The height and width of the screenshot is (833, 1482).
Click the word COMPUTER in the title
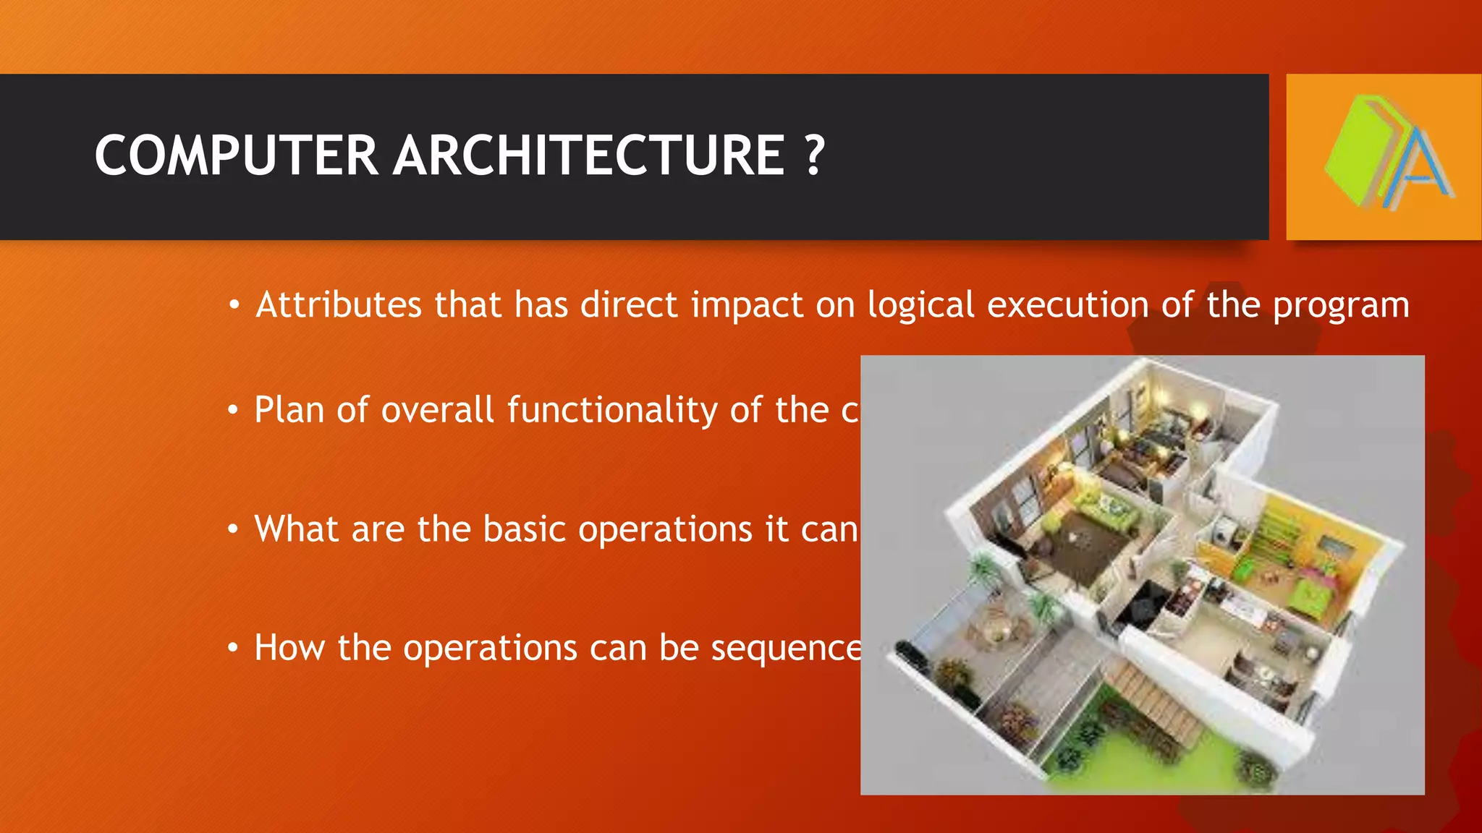(236, 155)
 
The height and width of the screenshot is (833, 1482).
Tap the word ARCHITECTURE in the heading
(588, 155)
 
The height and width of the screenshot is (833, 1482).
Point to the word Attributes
(339, 304)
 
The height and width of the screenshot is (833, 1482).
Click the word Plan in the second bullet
(289, 410)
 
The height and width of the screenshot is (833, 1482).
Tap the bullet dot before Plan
(232, 411)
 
